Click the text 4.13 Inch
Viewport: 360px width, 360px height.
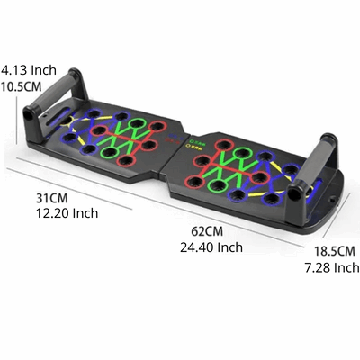[29, 68]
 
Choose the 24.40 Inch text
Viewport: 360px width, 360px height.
[211, 247]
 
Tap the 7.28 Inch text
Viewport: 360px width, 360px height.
[330, 267]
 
